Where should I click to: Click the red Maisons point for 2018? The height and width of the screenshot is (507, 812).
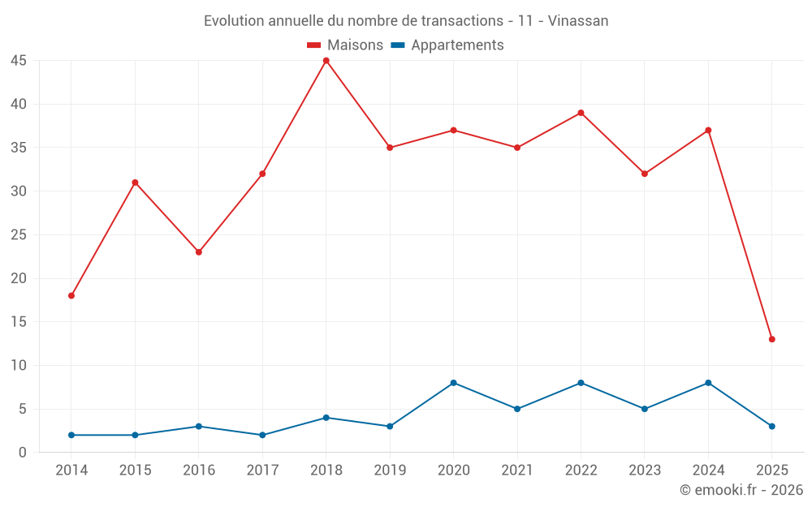pyautogui.click(x=326, y=61)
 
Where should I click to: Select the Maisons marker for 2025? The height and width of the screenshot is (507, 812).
pyautogui.click(x=771, y=339)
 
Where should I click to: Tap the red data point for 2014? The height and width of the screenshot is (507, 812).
pyautogui.click(x=71, y=295)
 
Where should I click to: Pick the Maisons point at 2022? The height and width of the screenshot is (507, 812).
pyautogui.click(x=581, y=113)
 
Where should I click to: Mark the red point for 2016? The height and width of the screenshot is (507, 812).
pyautogui.click(x=199, y=252)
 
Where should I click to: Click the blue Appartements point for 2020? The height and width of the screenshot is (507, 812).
pyautogui.click(x=453, y=383)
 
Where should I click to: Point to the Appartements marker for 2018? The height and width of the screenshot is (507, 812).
pyautogui.click(x=326, y=418)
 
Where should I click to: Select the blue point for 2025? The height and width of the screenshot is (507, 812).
pyautogui.click(x=771, y=426)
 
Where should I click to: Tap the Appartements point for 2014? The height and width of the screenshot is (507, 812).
pyautogui.click(x=71, y=435)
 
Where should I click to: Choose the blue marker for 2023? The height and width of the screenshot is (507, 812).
pyautogui.click(x=645, y=409)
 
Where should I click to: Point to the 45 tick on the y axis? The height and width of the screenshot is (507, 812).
pyautogui.click(x=19, y=61)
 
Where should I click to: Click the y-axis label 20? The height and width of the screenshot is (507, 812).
pyautogui.click(x=19, y=278)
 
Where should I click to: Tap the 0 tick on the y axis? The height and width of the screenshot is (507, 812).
pyautogui.click(x=23, y=453)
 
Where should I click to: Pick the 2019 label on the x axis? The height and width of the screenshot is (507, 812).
pyautogui.click(x=390, y=470)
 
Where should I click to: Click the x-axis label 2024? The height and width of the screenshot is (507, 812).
pyautogui.click(x=708, y=470)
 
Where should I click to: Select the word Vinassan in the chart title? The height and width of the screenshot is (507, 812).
pyautogui.click(x=577, y=21)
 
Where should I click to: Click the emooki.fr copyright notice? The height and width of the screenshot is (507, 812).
pyautogui.click(x=741, y=490)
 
